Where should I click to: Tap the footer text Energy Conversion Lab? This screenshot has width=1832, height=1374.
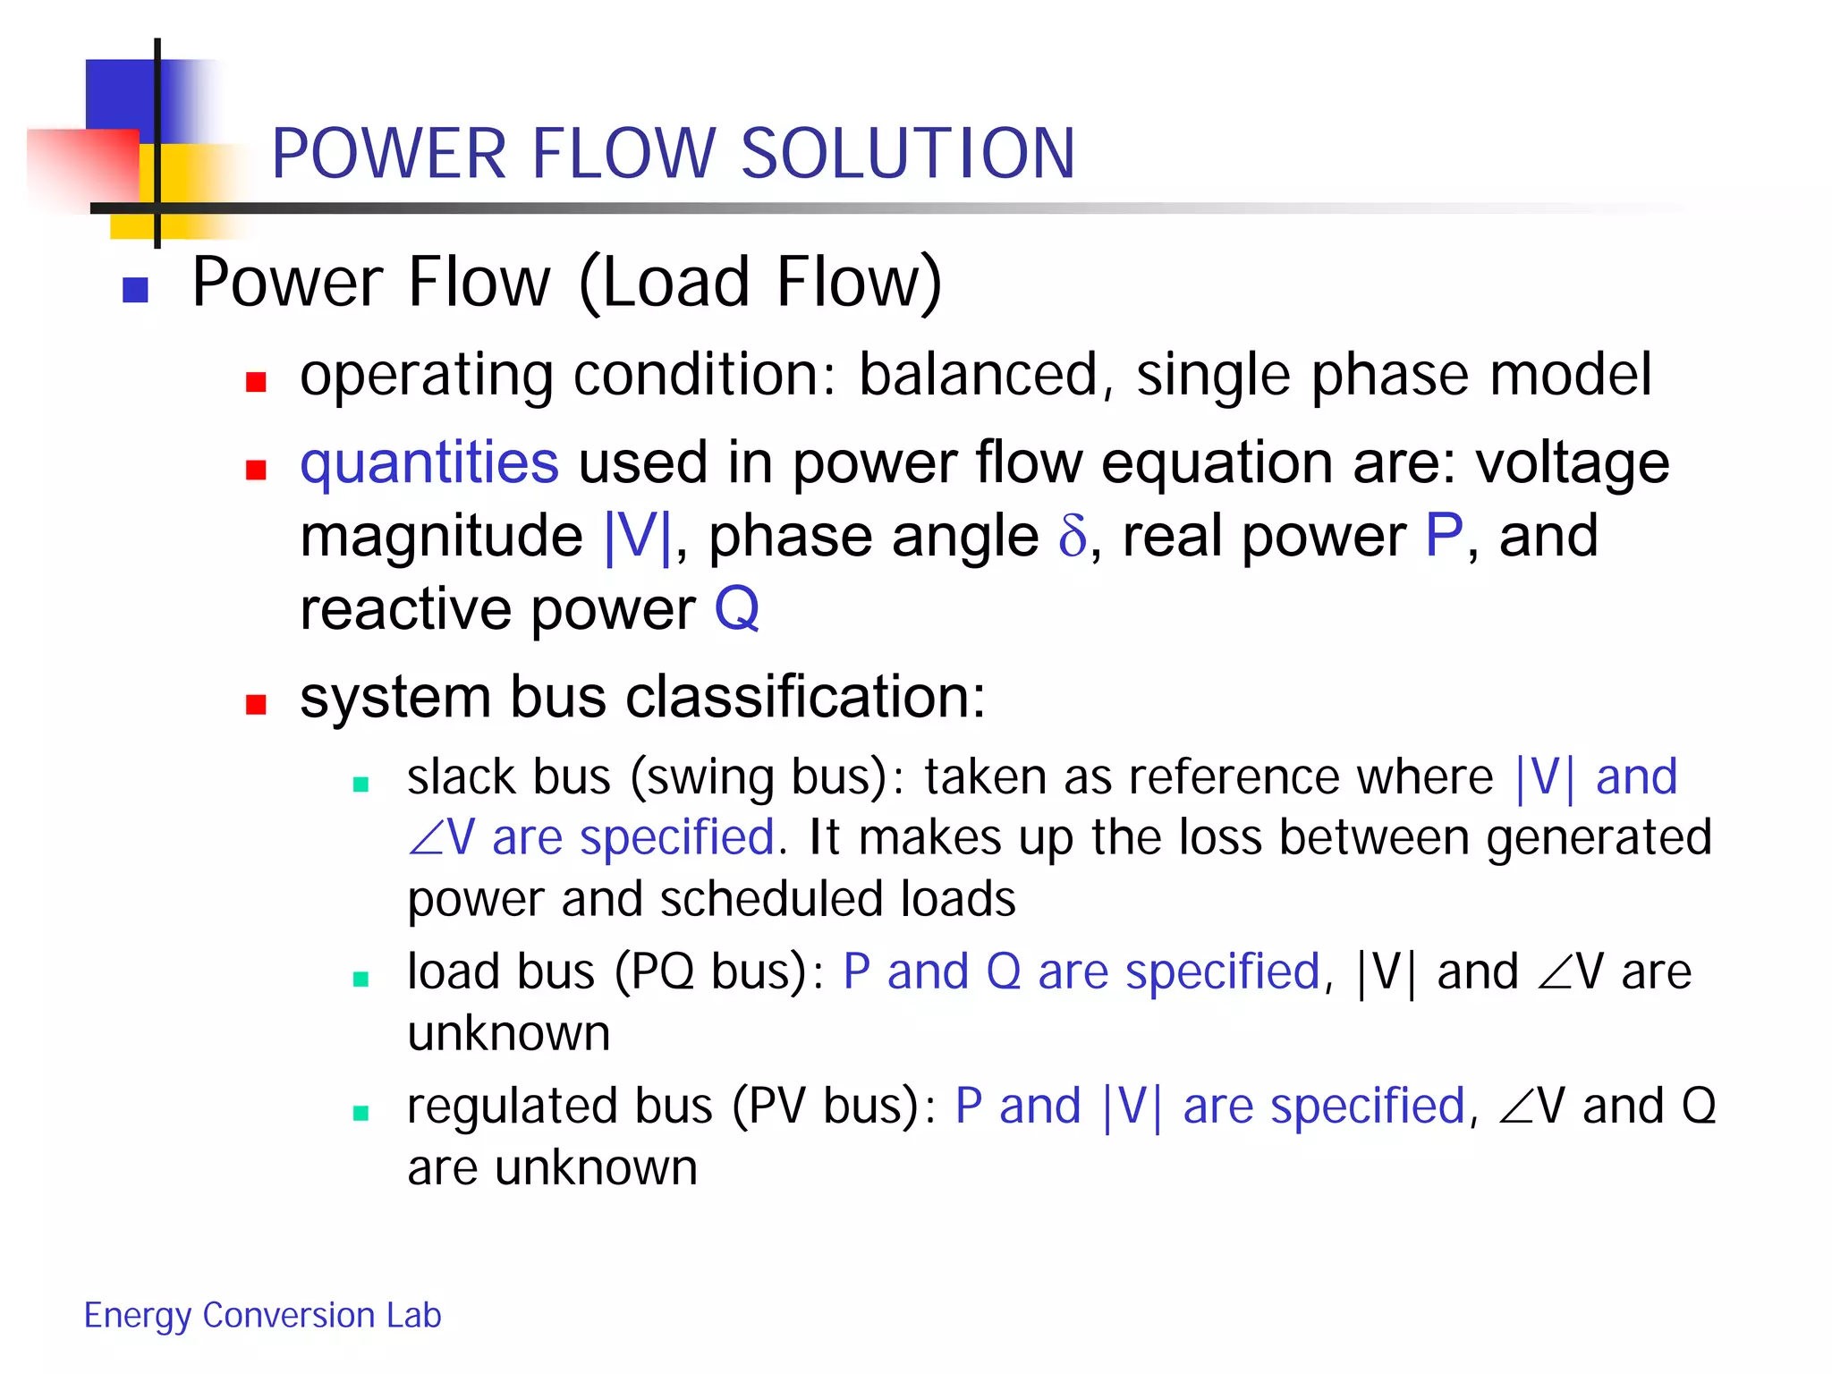point(262,1315)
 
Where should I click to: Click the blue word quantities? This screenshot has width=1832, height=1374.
point(429,462)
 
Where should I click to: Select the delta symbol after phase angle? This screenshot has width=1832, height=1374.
point(1072,536)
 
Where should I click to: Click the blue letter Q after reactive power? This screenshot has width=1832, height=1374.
point(736,609)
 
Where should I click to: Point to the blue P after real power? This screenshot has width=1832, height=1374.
point(1443,536)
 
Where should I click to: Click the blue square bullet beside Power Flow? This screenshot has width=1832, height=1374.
point(135,290)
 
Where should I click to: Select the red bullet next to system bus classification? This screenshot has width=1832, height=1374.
point(257,704)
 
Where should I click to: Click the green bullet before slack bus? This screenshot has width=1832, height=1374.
point(361,785)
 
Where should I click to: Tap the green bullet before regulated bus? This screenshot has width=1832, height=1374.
point(361,1113)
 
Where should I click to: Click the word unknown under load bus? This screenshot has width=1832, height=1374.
point(508,1034)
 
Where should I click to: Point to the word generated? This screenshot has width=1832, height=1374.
point(1599,838)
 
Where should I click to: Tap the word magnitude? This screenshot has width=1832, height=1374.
point(441,536)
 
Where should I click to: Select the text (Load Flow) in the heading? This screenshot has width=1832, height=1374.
point(760,283)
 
